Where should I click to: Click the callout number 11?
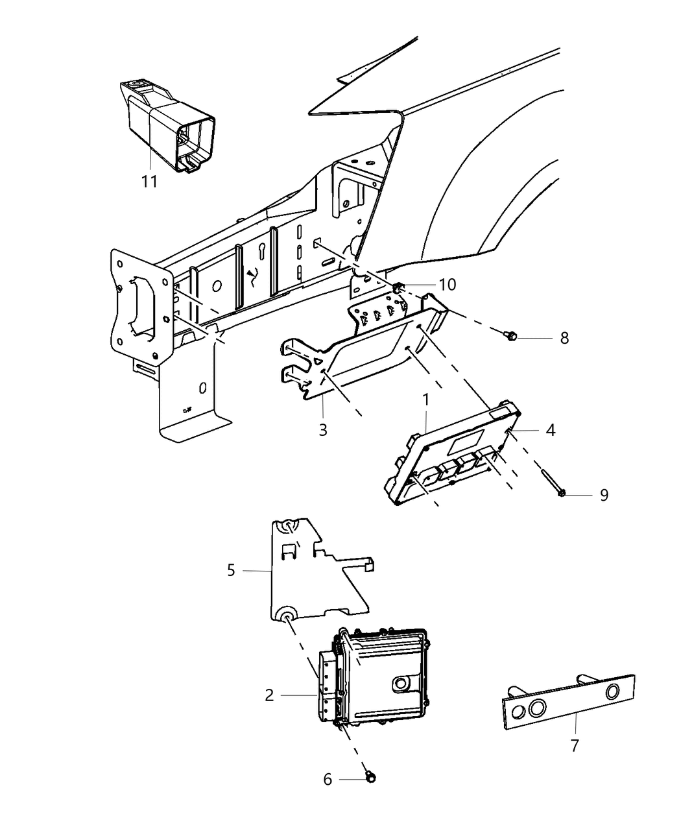pyautogui.click(x=150, y=182)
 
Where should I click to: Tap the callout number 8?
pyautogui.click(x=564, y=338)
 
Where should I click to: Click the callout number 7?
pyautogui.click(x=575, y=745)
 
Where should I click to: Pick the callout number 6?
pyautogui.click(x=328, y=779)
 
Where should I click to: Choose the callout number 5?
pyautogui.click(x=231, y=570)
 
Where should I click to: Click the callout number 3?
pyautogui.click(x=323, y=429)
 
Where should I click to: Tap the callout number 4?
pyautogui.click(x=550, y=429)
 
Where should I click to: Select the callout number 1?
pyautogui.click(x=426, y=400)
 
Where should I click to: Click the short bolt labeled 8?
pyautogui.click(x=510, y=335)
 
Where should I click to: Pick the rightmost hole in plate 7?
pyautogui.click(x=612, y=693)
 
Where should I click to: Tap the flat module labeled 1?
pyautogui.click(x=454, y=454)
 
